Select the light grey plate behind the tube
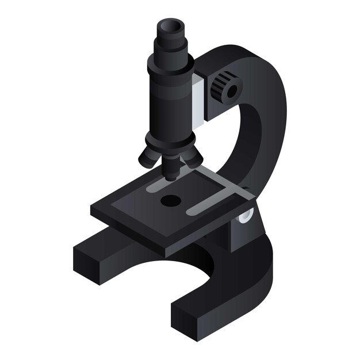pos(197,100)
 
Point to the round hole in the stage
pos(170,201)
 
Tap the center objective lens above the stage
pos(171,167)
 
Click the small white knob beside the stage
pos(246,216)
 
